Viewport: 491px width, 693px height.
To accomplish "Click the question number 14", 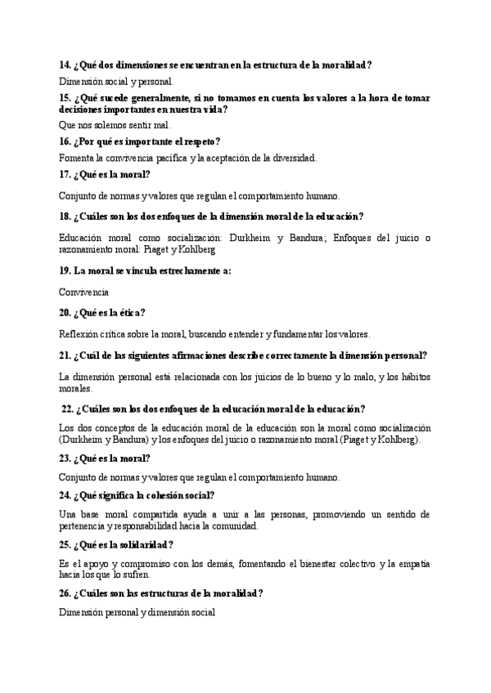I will [65, 65].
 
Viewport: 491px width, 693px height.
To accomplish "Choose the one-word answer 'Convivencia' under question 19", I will [84, 291].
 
